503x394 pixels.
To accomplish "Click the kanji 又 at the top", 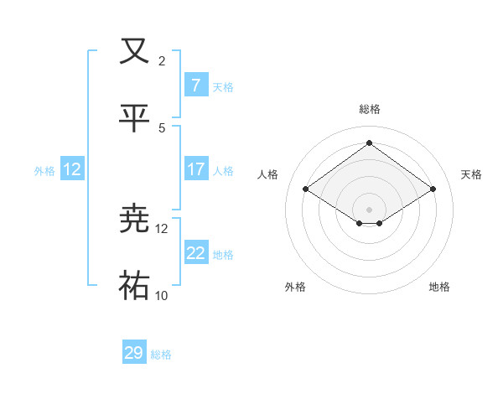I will click(135, 51).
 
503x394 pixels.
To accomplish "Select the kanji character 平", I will click(135, 119).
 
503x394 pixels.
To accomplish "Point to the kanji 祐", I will click(135, 286).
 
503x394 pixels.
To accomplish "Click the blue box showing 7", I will click(195, 86).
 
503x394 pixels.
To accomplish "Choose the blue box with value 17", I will click(195, 169).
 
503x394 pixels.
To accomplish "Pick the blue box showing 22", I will click(195, 253).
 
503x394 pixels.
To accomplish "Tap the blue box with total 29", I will click(134, 353).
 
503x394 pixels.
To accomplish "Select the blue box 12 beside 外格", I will click(72, 169).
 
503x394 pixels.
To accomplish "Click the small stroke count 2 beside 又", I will click(162, 61).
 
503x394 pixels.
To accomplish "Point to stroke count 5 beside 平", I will click(162, 128).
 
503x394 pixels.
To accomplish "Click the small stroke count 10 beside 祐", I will click(162, 296).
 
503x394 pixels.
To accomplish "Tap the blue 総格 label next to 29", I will click(161, 355).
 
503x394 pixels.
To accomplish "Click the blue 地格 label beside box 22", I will click(223, 255).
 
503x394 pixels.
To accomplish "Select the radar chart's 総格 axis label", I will click(370, 109).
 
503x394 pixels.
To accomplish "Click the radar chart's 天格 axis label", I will click(471, 174).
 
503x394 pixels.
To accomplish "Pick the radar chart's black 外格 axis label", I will click(295, 287).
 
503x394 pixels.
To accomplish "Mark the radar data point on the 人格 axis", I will click(306, 189).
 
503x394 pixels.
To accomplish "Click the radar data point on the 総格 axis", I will click(370, 143).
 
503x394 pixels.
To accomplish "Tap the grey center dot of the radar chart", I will click(370, 209).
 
